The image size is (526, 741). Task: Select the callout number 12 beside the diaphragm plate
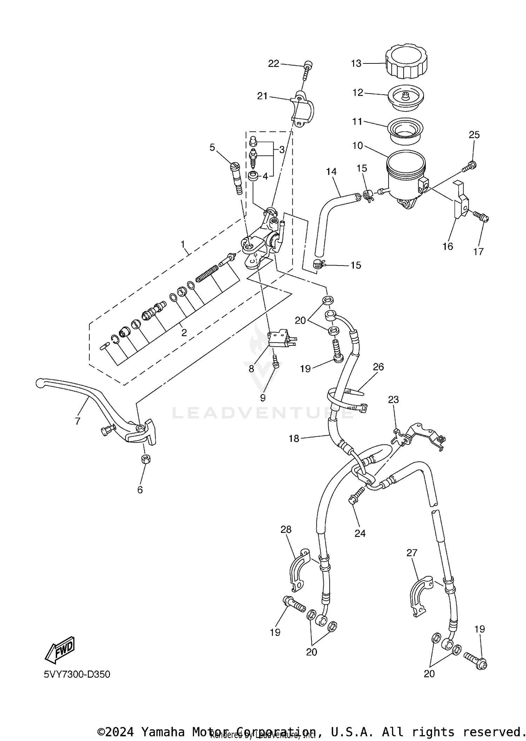click(358, 93)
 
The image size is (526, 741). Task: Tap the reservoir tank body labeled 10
click(405, 177)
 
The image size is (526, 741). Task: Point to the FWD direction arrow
click(60, 650)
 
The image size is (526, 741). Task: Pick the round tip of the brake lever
click(40, 383)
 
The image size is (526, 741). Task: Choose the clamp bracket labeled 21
click(303, 110)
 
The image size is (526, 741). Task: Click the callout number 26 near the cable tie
click(378, 367)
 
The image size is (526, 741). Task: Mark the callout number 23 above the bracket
click(393, 399)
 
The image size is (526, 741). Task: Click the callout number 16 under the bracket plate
click(447, 246)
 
